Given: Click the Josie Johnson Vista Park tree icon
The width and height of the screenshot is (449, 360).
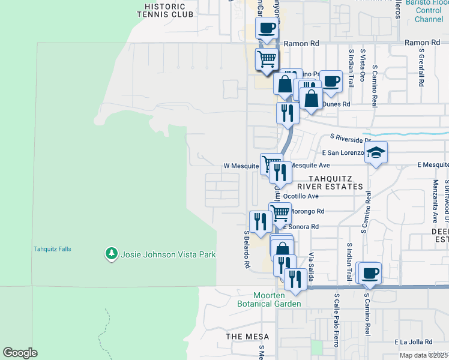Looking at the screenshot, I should point(111,254).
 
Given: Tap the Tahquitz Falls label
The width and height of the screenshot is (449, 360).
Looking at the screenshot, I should point(52,249).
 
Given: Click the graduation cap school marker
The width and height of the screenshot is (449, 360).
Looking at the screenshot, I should point(375,152).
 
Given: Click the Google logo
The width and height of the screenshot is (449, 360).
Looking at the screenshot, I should point(20,353).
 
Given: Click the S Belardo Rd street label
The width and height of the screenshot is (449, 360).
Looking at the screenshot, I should point(246,249).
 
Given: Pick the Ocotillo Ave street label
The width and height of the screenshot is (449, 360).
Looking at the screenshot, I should point(301,196).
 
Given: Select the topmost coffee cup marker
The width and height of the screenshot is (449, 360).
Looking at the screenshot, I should point(267,27).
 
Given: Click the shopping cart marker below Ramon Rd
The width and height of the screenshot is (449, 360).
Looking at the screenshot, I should point(267,59).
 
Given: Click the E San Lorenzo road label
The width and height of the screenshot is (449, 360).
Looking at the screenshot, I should point(343,154).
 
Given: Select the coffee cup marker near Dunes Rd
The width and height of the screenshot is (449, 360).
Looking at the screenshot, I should point(330,80).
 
